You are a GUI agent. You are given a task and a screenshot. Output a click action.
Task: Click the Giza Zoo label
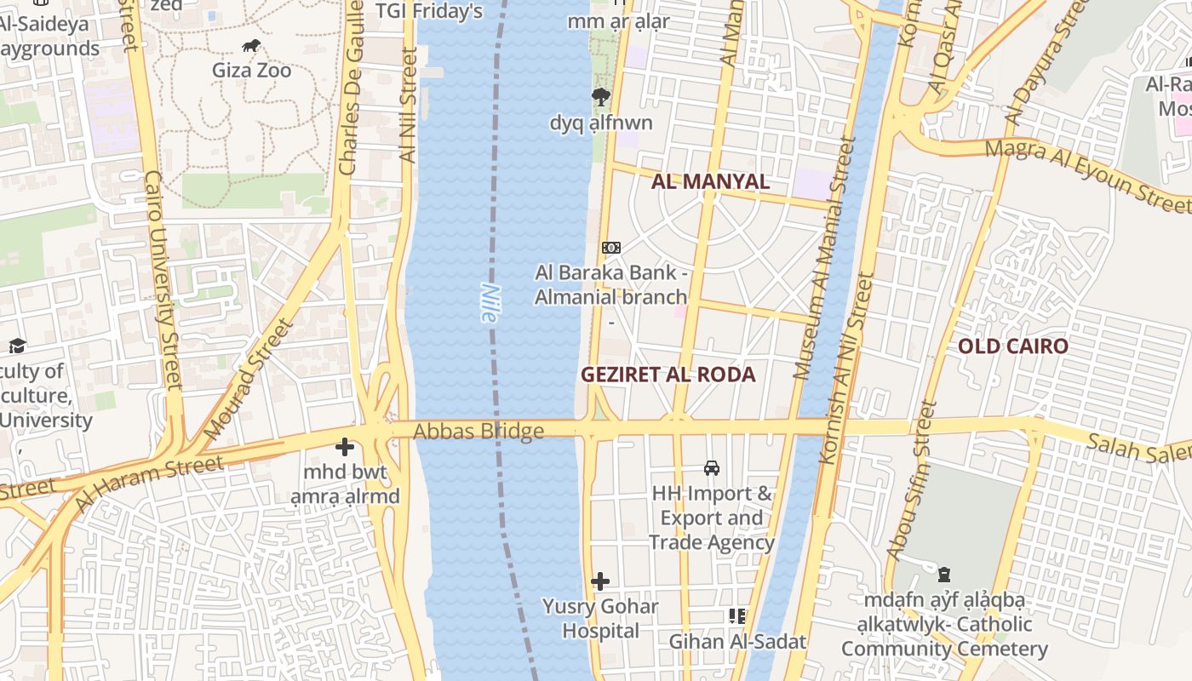251,70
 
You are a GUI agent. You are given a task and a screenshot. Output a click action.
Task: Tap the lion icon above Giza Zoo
251,46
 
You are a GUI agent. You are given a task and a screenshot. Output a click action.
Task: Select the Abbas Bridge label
479,432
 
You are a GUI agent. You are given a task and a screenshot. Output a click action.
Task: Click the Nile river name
489,302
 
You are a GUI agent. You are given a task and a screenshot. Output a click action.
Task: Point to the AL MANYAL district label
710,181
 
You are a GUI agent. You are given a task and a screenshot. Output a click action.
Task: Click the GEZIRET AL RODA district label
668,375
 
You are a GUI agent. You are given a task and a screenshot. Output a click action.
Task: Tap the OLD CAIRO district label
1012,346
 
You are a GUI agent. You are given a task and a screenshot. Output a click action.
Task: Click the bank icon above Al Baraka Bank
610,248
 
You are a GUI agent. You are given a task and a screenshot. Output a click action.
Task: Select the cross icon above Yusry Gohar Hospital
600,582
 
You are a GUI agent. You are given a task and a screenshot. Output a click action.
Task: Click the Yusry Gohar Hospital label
600,619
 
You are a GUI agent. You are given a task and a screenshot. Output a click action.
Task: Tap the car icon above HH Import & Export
712,468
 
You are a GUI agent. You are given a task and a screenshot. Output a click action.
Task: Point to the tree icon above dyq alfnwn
601,97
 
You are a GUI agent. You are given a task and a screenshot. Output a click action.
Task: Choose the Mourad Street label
249,380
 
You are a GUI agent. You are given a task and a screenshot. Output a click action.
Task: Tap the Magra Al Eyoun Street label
1086,175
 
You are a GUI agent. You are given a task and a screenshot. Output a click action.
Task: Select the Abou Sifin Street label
912,481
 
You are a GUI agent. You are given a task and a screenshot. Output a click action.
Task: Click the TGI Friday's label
430,11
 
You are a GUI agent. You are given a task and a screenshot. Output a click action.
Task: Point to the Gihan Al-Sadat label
737,642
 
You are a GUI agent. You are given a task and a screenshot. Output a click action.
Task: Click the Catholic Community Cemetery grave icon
944,575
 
